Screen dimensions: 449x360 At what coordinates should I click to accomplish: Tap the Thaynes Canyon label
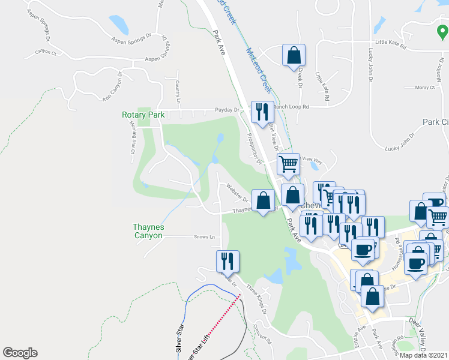pos(148,232)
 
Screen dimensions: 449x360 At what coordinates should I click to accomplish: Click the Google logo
pos(20,353)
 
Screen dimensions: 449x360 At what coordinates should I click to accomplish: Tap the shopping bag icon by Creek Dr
pos(294,55)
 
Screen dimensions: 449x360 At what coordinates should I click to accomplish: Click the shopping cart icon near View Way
pos(288,164)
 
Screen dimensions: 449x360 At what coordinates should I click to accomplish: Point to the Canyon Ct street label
pos(45,52)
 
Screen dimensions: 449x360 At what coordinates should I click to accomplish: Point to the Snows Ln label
pos(204,237)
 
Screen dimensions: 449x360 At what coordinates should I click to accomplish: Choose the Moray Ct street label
pos(424,88)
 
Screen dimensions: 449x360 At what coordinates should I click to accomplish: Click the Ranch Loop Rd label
pos(291,106)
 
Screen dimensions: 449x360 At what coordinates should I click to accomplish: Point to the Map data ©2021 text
pos(424,355)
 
